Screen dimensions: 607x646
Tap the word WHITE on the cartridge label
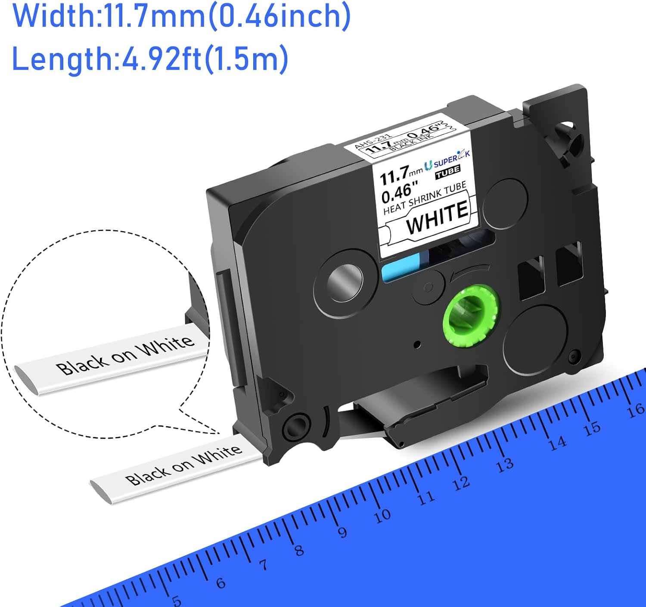click(x=437, y=218)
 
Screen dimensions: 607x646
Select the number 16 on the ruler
click(x=635, y=410)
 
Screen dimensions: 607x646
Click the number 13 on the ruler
click(x=505, y=465)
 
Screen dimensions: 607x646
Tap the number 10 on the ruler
click(x=382, y=515)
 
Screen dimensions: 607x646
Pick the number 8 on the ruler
click(x=299, y=550)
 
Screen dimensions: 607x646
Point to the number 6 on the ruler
click(x=221, y=583)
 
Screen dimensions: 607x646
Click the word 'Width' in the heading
click(x=51, y=16)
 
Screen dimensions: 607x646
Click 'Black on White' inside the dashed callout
click(x=125, y=356)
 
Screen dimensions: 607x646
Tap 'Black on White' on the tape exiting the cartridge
click(x=183, y=465)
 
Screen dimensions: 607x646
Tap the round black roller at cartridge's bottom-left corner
click(x=297, y=427)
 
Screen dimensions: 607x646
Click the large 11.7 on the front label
click(x=394, y=174)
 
